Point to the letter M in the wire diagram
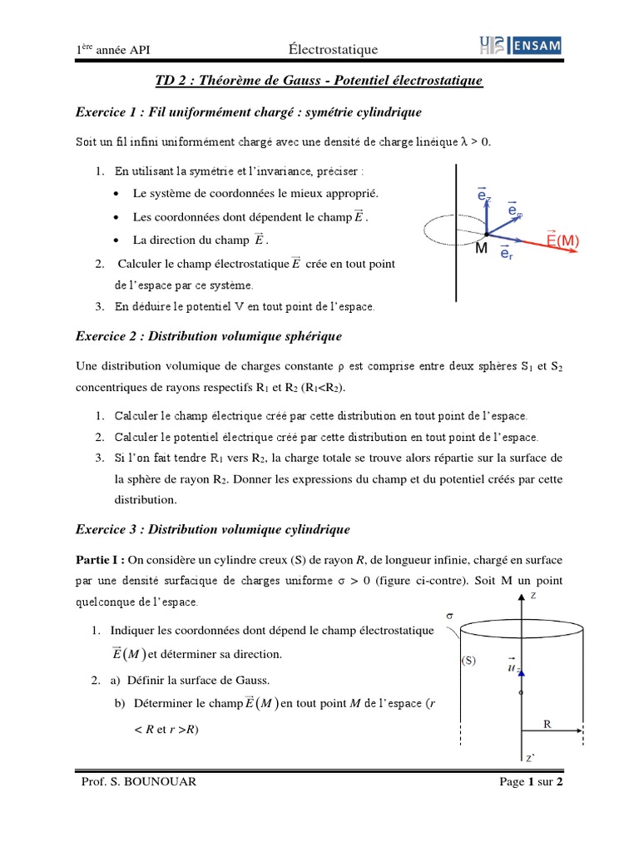pyautogui.click(x=481, y=250)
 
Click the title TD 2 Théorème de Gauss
pyautogui.click(x=319, y=81)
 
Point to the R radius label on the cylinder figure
pyautogui.click(x=547, y=724)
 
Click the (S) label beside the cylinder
pyautogui.click(x=468, y=662)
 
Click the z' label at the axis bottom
pyautogui.click(x=530, y=758)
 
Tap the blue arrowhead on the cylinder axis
pyautogui.click(x=521, y=670)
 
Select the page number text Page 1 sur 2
pyautogui.click(x=532, y=783)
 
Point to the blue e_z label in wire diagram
pyautogui.click(x=484, y=195)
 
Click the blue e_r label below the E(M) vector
pyautogui.click(x=506, y=253)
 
